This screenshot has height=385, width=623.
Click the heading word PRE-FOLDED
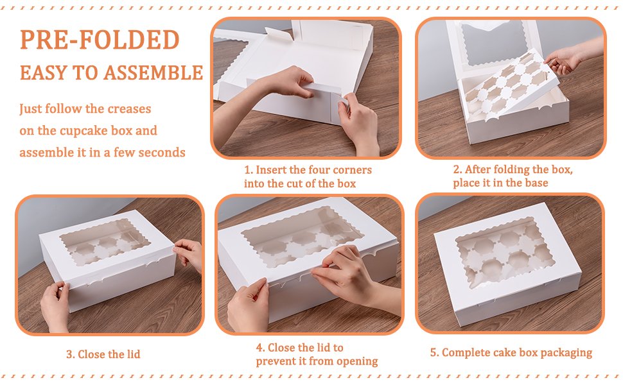(x=100, y=40)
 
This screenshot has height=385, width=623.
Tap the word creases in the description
(x=130, y=108)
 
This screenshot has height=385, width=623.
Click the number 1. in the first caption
(x=249, y=170)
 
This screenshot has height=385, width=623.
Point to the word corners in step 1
(x=353, y=170)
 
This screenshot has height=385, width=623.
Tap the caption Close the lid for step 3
(x=109, y=354)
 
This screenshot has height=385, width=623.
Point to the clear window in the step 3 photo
(x=105, y=242)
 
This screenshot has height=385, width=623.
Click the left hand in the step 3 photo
(x=56, y=305)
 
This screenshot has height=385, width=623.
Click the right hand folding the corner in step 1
(x=358, y=123)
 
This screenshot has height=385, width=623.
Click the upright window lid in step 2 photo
(x=494, y=46)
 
